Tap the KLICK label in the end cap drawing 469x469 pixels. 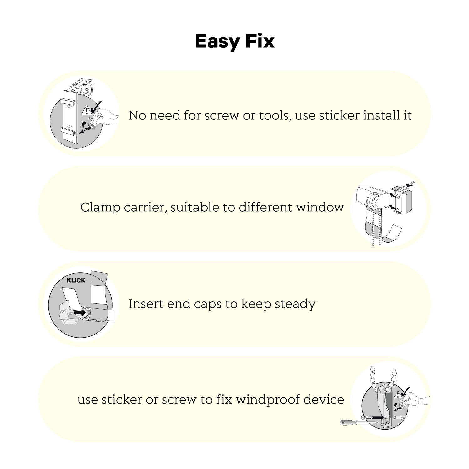point(76,280)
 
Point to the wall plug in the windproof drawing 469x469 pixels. point(401,417)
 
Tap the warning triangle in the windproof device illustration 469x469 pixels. point(398,395)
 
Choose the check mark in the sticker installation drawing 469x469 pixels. point(96,107)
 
